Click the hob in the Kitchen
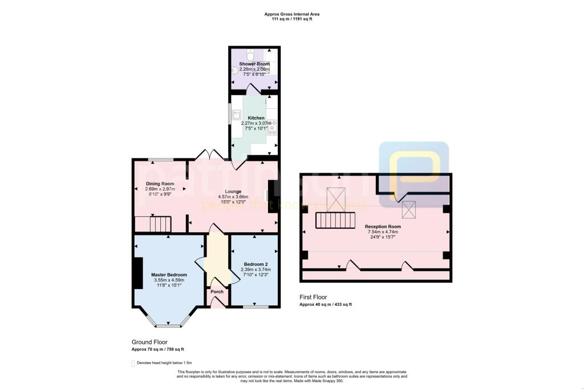272,126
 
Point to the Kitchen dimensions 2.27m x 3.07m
252,123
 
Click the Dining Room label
159,184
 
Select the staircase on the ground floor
153,224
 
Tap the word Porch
217,291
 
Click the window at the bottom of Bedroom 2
255,307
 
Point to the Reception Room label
383,226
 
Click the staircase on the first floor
335,219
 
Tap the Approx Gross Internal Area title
291,14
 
